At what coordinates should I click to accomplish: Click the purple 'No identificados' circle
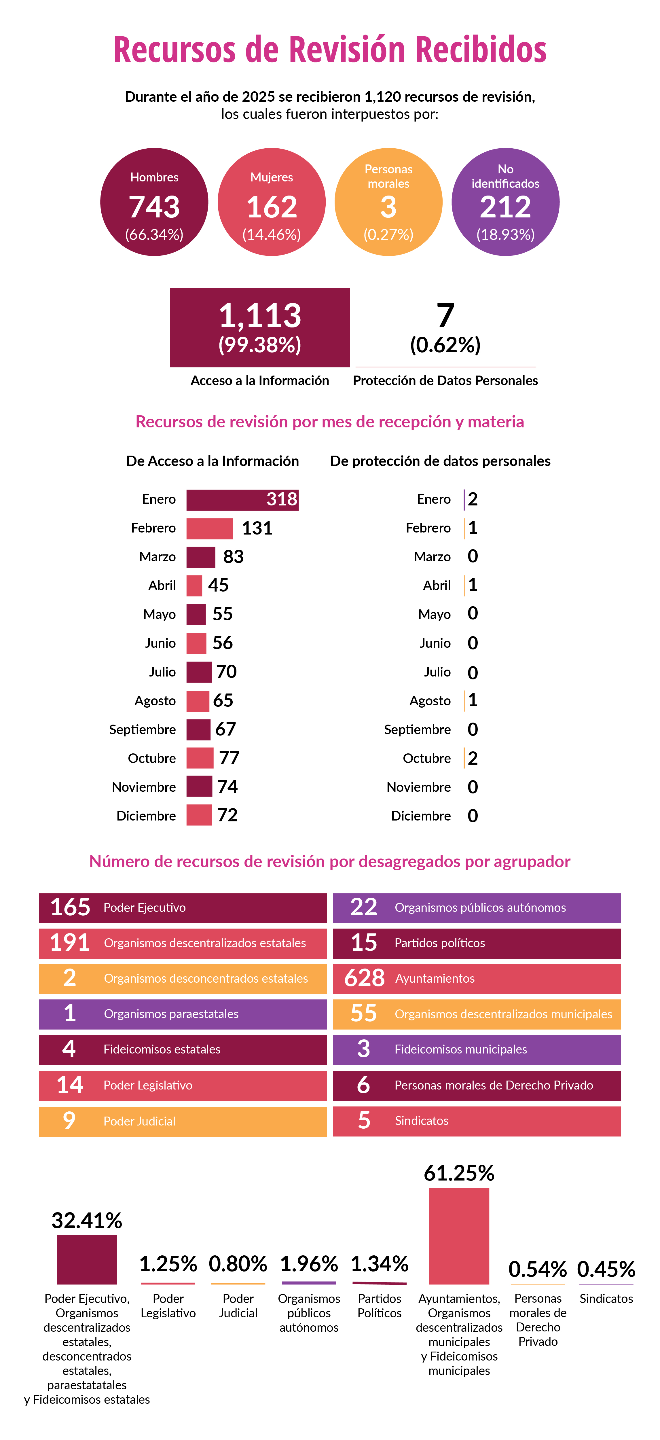pos(505,202)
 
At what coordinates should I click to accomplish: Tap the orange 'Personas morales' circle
pos(388,202)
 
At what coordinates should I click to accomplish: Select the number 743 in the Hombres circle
pos(154,207)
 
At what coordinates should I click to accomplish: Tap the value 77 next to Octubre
pos(229,758)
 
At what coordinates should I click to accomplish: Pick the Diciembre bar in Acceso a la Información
pos(199,815)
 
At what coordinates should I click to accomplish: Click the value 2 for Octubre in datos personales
pos(473,758)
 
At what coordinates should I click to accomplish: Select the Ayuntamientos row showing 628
pos(477,978)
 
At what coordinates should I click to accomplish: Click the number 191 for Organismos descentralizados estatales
pos(70,943)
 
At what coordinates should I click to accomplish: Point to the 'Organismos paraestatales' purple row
pos(183,1014)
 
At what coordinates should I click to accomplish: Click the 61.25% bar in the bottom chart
pos(459,1236)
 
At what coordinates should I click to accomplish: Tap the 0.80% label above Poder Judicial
pos(238,1264)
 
